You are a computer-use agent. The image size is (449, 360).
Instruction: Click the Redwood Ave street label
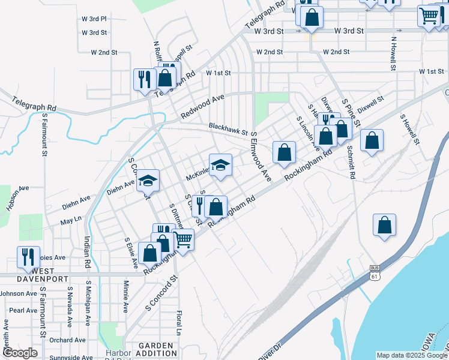pos(202,106)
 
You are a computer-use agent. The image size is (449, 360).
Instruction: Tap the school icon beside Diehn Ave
pos(148,181)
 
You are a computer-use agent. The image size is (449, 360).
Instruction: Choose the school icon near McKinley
pos(220,164)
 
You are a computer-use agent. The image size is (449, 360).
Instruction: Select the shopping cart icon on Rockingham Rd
pos(183,239)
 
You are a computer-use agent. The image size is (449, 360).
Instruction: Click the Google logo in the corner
pos(20,353)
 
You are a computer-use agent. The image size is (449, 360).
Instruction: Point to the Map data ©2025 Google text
pos(411,355)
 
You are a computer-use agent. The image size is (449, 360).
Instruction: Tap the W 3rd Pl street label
pos(94,19)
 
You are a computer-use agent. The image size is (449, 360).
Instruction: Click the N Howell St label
pos(394,54)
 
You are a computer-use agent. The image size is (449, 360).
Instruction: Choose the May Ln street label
pos(71,221)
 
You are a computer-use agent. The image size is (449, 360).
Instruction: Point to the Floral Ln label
pos(178,322)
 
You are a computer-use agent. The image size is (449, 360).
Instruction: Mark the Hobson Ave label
pos(17,197)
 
